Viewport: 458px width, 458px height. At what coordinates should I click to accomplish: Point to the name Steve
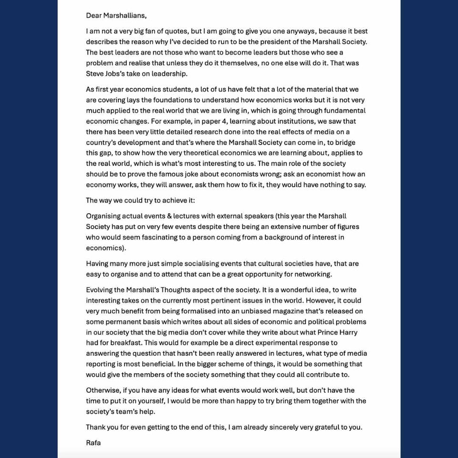[x=96, y=73]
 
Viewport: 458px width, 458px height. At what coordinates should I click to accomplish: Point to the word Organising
[x=104, y=216]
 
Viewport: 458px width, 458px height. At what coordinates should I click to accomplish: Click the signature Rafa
[x=93, y=443]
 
